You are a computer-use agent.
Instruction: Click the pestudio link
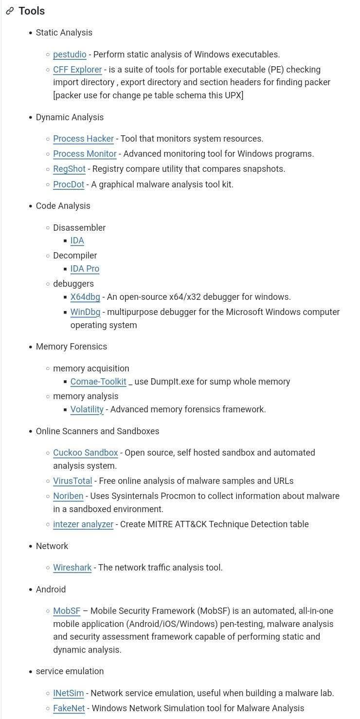point(70,55)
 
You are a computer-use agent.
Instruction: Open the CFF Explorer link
point(77,70)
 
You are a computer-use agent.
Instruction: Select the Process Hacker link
point(83,139)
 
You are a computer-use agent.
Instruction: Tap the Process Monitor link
point(85,154)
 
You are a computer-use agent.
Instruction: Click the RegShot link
point(69,169)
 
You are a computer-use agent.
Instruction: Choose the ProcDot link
point(69,184)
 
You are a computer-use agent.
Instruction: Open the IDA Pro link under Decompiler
point(85,269)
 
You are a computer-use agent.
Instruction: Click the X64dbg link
point(85,297)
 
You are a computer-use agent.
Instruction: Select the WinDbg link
point(85,312)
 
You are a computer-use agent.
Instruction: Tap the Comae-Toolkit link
point(98,382)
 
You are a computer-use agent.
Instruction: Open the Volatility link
point(87,409)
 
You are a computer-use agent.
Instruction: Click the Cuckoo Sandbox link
point(86,453)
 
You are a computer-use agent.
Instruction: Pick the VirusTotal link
point(72,481)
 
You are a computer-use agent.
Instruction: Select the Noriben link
point(68,496)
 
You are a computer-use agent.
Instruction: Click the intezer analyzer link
point(83,524)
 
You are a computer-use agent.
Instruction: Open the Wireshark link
point(72,568)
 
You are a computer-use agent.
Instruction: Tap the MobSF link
point(67,611)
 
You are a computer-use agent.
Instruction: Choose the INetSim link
point(68,693)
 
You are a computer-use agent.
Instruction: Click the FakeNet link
point(69,708)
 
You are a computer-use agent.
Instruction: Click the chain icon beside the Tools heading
point(10,11)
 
